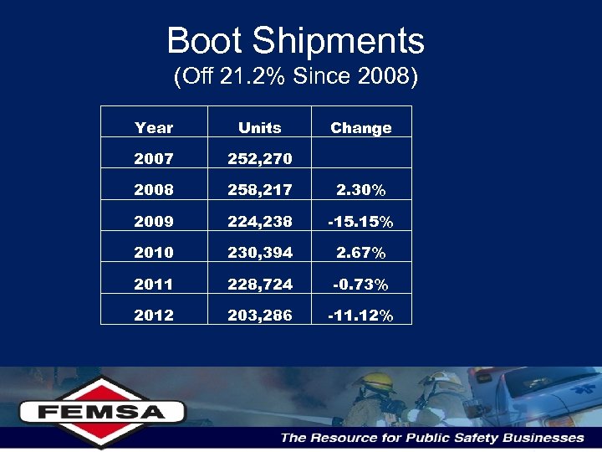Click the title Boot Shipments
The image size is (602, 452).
tap(295, 41)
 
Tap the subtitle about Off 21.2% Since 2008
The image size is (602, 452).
tap(295, 77)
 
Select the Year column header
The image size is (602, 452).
tap(154, 128)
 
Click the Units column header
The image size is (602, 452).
tap(259, 128)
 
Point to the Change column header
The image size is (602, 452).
tap(360, 128)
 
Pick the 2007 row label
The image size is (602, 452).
tap(154, 159)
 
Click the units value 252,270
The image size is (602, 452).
tap(259, 159)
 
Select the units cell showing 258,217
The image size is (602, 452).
tap(259, 190)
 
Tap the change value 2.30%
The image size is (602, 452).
tap(360, 190)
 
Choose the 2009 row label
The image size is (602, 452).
tap(154, 222)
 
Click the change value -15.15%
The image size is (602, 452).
tap(360, 222)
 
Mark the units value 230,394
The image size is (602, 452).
tap(259, 253)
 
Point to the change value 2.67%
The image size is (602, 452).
tap(360, 253)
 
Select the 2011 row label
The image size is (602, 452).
tap(154, 285)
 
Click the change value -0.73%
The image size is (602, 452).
tap(360, 285)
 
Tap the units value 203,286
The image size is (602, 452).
tap(259, 316)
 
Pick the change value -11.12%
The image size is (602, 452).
tap(360, 316)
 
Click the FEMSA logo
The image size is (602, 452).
tap(102, 411)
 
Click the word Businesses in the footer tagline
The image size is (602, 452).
tap(543, 438)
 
